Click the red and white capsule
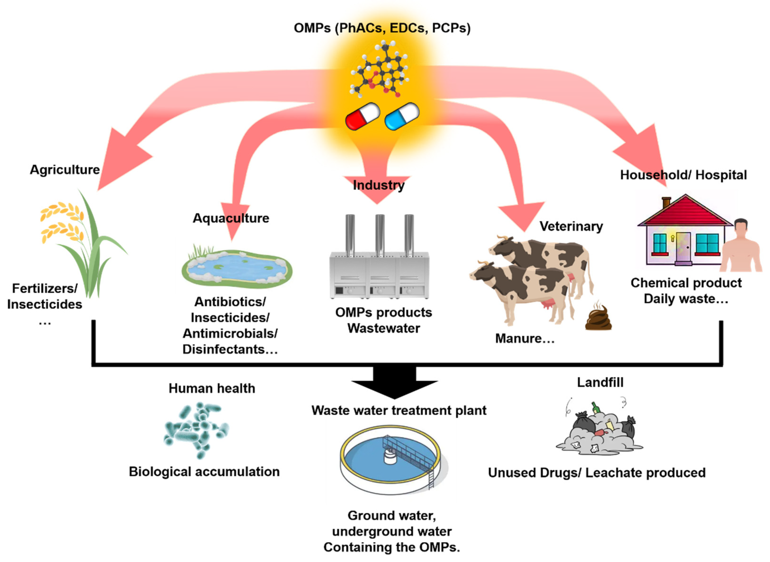click(x=363, y=116)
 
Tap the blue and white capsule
click(x=402, y=116)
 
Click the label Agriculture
click(x=65, y=170)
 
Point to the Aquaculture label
click(x=231, y=218)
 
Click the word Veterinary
click(x=571, y=227)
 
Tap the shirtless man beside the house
click(x=741, y=245)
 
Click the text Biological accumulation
click(x=204, y=472)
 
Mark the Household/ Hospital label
click(x=684, y=175)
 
